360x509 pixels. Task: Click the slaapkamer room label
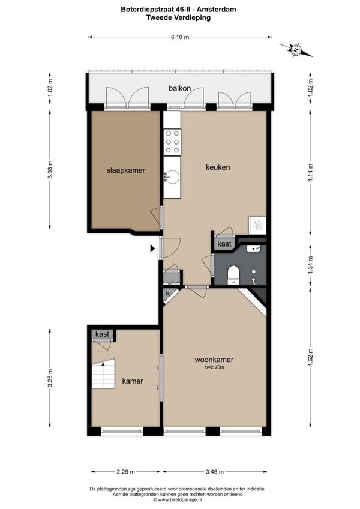tap(125, 170)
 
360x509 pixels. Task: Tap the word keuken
tap(218, 167)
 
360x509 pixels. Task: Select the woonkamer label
tap(214, 360)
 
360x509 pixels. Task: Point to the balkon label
tap(179, 88)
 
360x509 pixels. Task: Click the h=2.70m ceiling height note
tap(215, 367)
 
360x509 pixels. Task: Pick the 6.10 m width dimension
tap(180, 37)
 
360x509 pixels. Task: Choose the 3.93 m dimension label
tap(50, 170)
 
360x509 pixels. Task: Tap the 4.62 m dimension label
tap(310, 357)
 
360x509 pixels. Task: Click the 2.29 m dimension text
tap(125, 472)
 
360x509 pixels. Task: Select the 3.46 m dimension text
tap(215, 472)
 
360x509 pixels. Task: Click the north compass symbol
tap(296, 50)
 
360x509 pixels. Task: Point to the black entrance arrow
tap(152, 248)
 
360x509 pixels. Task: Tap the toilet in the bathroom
tap(233, 274)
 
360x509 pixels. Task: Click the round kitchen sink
tap(172, 177)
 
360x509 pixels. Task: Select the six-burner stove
tap(172, 142)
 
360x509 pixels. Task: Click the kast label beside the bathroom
tap(224, 244)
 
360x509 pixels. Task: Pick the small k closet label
tap(168, 294)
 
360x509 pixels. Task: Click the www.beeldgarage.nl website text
tap(180, 499)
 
